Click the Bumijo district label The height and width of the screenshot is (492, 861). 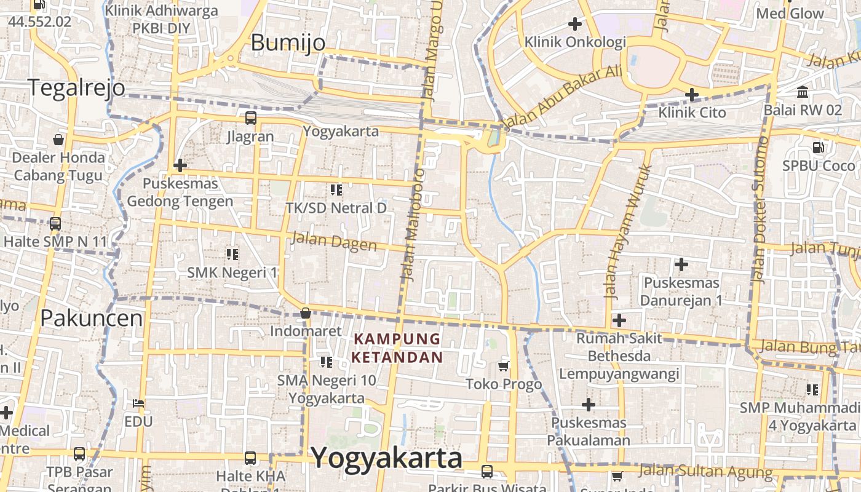tap(288, 42)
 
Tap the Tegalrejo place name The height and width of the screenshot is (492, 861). tap(76, 88)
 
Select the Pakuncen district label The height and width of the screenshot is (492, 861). tap(92, 318)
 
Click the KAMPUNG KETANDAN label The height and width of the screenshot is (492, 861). tap(397, 348)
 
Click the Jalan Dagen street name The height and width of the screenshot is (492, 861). tap(333, 241)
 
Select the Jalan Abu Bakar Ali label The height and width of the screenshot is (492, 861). tap(562, 98)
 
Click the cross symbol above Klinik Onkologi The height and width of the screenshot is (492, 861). tap(575, 24)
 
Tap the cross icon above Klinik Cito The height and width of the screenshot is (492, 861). tap(692, 95)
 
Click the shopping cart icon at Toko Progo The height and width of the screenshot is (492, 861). tap(504, 367)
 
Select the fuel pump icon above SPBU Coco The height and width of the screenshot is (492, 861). tap(819, 148)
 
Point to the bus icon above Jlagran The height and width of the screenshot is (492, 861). tap(250, 118)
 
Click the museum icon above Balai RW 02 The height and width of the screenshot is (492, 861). tap(803, 92)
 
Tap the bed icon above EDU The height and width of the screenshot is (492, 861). tap(138, 404)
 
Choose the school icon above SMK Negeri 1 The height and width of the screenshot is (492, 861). tap(232, 254)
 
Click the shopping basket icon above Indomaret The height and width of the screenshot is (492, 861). tap(305, 313)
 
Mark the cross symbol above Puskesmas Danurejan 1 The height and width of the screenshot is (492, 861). tap(681, 264)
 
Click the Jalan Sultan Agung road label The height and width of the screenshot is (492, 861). tap(705, 472)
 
